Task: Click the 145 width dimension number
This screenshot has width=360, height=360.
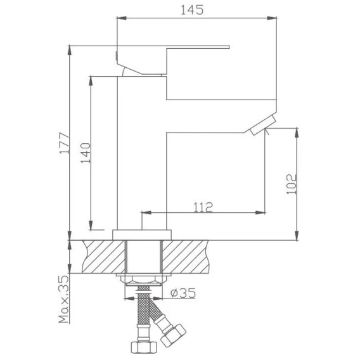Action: (192, 10)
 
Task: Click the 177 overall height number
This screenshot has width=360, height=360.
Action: (64, 143)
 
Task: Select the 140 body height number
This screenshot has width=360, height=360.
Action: (86, 153)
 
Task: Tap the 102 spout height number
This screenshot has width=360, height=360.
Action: (292, 184)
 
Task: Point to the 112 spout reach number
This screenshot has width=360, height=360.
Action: (203, 207)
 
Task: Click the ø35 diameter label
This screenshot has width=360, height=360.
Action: (183, 293)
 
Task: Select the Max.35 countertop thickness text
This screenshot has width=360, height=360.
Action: (64, 299)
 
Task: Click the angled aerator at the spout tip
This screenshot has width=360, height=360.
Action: (263, 125)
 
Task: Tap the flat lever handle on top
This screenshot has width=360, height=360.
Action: (173, 60)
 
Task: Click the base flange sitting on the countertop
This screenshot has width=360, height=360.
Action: (142, 235)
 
